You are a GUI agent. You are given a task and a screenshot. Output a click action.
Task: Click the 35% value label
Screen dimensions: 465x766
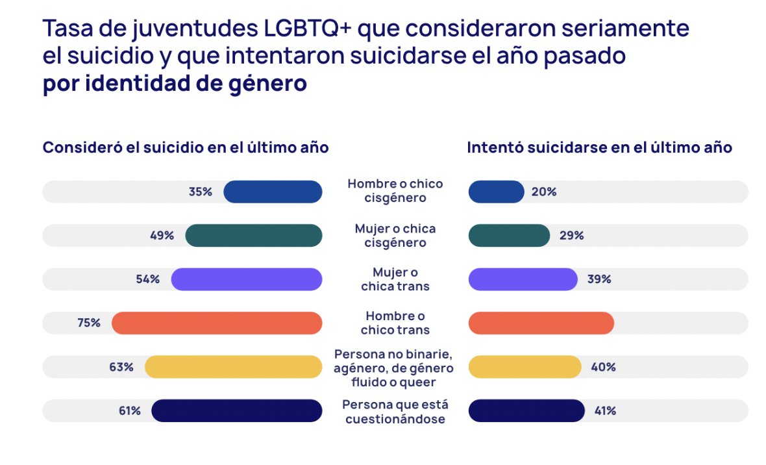pyautogui.click(x=200, y=192)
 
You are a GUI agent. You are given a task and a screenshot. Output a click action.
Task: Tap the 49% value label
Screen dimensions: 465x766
pyautogui.click(x=162, y=236)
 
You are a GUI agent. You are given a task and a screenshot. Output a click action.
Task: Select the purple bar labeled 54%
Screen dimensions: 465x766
pyautogui.click(x=247, y=279)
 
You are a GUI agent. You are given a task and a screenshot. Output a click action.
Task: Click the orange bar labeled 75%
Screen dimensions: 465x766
pyautogui.click(x=217, y=323)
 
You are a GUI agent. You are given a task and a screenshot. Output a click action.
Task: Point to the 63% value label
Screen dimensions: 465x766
pyautogui.click(x=121, y=367)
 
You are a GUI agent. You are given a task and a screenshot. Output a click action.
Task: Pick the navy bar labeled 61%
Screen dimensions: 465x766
pyautogui.click(x=237, y=411)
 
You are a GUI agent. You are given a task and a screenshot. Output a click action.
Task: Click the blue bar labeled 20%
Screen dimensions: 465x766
pyautogui.click(x=496, y=192)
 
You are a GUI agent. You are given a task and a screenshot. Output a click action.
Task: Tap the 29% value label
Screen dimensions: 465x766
pyautogui.click(x=571, y=236)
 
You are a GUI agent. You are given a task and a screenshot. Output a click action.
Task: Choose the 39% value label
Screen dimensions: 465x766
pyautogui.click(x=599, y=279)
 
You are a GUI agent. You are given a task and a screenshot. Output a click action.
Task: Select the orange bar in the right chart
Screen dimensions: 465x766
pyautogui.click(x=541, y=323)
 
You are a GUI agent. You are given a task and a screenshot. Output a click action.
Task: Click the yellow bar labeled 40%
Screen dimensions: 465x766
pyautogui.click(x=525, y=367)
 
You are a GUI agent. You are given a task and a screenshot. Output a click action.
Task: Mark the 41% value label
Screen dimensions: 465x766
pyautogui.click(x=605, y=411)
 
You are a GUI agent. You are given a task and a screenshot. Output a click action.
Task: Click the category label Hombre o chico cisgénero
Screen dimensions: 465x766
pyautogui.click(x=395, y=191)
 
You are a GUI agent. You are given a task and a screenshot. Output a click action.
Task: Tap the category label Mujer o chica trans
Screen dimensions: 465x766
pyautogui.click(x=395, y=279)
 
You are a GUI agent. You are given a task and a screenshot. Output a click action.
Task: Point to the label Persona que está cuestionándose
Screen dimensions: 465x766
pyautogui.click(x=395, y=412)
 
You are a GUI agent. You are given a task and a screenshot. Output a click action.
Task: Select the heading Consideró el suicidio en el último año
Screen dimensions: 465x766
pyautogui.click(x=186, y=148)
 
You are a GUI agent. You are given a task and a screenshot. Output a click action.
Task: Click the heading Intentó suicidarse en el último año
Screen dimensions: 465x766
pyautogui.click(x=600, y=148)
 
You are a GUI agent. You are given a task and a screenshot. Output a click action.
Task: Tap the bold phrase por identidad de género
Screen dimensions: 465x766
pyautogui.click(x=175, y=84)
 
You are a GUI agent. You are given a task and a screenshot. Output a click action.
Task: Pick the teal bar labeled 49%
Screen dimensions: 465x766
pyautogui.click(x=253, y=236)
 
